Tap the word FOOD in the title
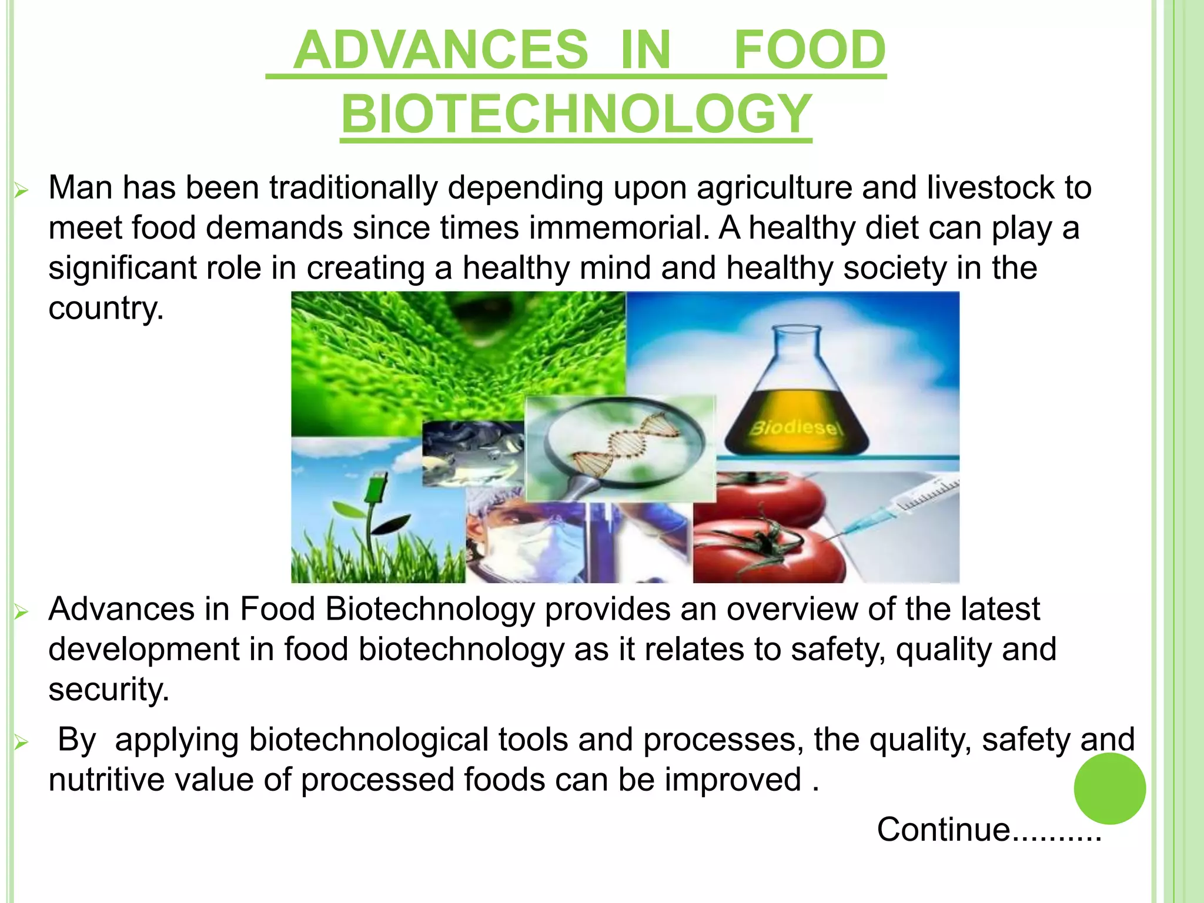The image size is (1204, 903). point(810,50)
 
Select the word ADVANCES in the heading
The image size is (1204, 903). point(441,50)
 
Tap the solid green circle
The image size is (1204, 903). point(1109,788)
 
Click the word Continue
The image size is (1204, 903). point(943,830)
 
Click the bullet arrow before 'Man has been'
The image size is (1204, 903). point(21,190)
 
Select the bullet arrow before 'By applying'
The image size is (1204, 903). point(21,743)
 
